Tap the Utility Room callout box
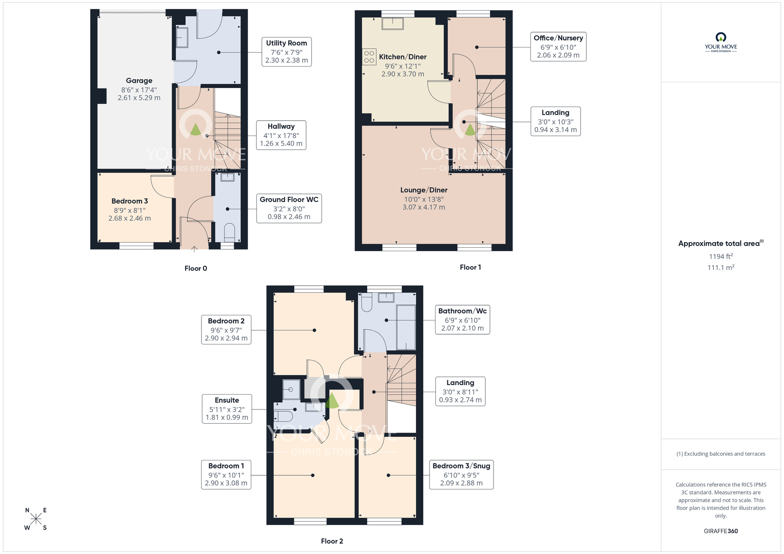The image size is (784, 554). coord(286,52)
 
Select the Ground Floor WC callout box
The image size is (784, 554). coord(289,208)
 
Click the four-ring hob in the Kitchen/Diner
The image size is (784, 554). coord(369,57)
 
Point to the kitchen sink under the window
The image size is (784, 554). coord(392,24)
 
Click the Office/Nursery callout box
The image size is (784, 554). coord(558,47)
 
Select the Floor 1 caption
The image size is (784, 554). coord(470,267)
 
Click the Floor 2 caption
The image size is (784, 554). coord(332,541)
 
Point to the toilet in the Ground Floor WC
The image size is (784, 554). coord(229,232)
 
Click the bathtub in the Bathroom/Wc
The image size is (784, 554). coord(406,327)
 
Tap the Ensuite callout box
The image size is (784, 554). coord(227,409)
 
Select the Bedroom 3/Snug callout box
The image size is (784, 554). coord(461,474)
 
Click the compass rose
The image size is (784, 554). coord(36,519)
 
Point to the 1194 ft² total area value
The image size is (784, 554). coord(720,257)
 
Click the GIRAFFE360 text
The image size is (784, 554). coord(720,531)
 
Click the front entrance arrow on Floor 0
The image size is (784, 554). coord(194,248)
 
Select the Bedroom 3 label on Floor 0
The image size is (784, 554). coord(129,201)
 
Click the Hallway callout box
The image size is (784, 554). coord(281,135)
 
